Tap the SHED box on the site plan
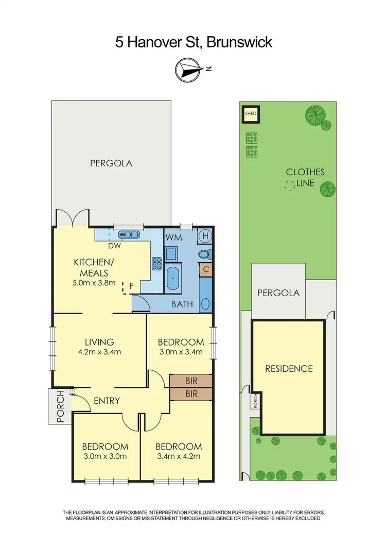(250, 114)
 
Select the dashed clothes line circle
(291, 186)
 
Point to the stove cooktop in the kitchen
(156, 263)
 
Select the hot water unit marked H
(205, 235)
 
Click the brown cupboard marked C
(205, 269)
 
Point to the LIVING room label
(99, 342)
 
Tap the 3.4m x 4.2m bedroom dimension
(180, 456)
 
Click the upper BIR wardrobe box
(190, 381)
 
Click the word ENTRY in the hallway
(107, 401)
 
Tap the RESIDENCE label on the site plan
(289, 368)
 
